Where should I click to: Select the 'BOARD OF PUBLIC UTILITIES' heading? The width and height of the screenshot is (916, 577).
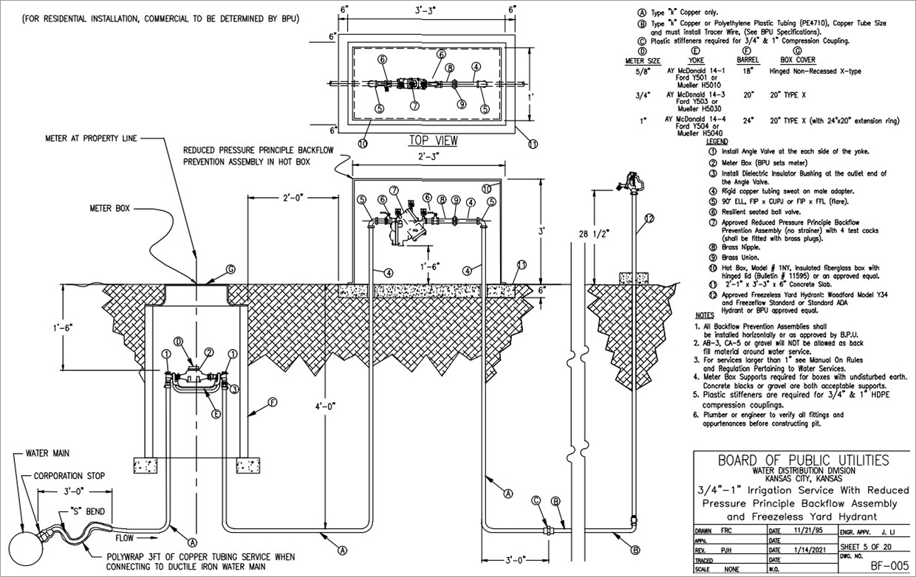(804, 461)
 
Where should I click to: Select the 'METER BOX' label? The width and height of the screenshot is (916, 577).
(110, 209)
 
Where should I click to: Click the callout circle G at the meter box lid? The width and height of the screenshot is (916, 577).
(230, 269)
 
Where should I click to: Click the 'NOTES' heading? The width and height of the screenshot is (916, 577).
(705, 315)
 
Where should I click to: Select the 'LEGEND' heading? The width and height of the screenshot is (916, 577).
(717, 141)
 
